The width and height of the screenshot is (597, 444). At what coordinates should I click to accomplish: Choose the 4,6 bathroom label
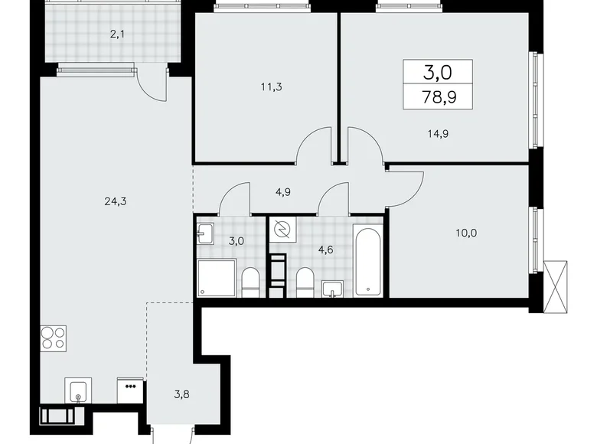tap(325, 249)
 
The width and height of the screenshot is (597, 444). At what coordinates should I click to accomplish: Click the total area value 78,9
tap(438, 96)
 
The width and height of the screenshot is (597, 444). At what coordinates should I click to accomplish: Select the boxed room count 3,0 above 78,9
tap(438, 73)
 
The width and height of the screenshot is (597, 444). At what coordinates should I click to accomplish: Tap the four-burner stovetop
tap(53, 338)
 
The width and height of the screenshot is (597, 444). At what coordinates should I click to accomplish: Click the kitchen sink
tap(77, 393)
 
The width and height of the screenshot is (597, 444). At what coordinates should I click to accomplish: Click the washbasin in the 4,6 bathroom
tap(332, 289)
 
